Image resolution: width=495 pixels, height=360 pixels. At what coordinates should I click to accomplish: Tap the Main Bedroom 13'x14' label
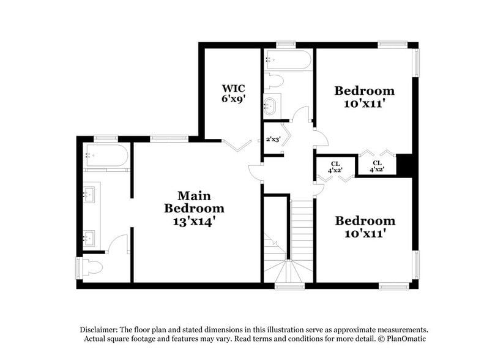[194, 208]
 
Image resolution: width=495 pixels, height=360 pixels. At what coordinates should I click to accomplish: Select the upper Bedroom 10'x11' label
[364, 97]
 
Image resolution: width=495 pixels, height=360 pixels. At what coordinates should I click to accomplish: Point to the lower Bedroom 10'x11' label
[365, 227]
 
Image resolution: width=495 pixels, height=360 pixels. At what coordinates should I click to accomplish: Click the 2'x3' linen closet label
[272, 140]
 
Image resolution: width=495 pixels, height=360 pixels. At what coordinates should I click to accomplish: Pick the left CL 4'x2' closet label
[335, 167]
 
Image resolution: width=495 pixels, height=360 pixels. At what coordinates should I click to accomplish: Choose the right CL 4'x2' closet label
[377, 167]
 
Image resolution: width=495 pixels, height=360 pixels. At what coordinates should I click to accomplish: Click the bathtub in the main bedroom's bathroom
[106, 156]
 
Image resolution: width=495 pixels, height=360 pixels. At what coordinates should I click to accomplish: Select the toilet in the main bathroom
[92, 268]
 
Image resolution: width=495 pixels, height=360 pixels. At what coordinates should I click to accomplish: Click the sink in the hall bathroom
[270, 106]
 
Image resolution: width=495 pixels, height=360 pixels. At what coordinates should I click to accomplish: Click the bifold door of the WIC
[236, 145]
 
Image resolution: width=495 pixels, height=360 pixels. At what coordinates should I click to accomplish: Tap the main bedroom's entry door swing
[256, 173]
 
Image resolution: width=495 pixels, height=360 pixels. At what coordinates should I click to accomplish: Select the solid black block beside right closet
[404, 165]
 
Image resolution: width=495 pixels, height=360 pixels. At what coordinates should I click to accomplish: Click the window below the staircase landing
[289, 285]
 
